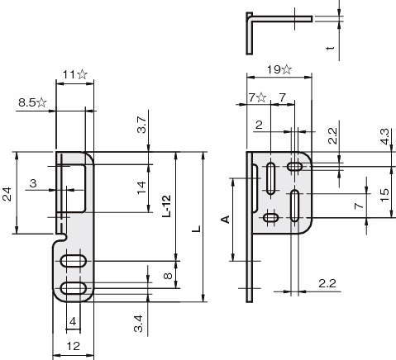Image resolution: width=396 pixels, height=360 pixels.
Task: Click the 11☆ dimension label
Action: pos(75,74)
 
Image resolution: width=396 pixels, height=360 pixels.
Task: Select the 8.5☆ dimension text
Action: pos(32,102)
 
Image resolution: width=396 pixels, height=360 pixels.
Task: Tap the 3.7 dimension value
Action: pos(141,125)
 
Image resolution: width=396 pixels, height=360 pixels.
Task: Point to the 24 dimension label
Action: pos(7,194)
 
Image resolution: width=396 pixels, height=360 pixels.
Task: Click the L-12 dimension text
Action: pos(167,206)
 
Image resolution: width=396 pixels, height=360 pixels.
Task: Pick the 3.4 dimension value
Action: pos(138,324)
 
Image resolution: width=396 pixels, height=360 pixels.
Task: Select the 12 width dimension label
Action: pos(74,346)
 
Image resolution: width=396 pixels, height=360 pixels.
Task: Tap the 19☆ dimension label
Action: pos(279,69)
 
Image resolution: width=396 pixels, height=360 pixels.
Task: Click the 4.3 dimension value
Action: pos(384,136)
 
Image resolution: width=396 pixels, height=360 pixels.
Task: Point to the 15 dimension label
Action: pos(384,195)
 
